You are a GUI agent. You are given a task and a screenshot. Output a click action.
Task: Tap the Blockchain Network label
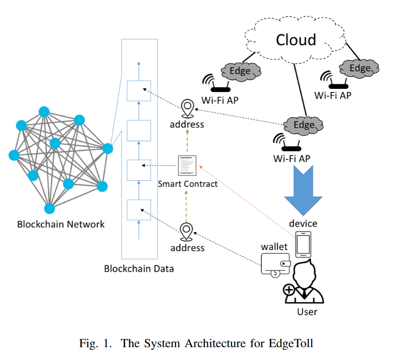pyautogui.click(x=61, y=224)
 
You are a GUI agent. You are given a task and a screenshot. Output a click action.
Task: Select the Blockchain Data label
pyautogui.click(x=138, y=269)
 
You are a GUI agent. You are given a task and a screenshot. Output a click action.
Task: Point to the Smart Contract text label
pyautogui.click(x=188, y=183)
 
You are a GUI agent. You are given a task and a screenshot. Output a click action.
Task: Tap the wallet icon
pyautogui.click(x=276, y=266)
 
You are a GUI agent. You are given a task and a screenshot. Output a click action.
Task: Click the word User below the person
pyautogui.click(x=307, y=312)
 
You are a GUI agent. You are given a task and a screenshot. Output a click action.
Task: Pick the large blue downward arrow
pyautogui.click(x=303, y=193)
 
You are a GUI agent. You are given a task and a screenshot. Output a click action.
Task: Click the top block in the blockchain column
pyautogui.click(x=138, y=90)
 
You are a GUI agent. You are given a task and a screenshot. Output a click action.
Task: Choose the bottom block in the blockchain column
pyautogui.click(x=138, y=210)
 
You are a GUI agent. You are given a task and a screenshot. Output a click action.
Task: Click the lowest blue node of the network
pyautogui.click(x=49, y=208)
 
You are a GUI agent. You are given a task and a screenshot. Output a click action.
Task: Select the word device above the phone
pyautogui.click(x=303, y=223)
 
